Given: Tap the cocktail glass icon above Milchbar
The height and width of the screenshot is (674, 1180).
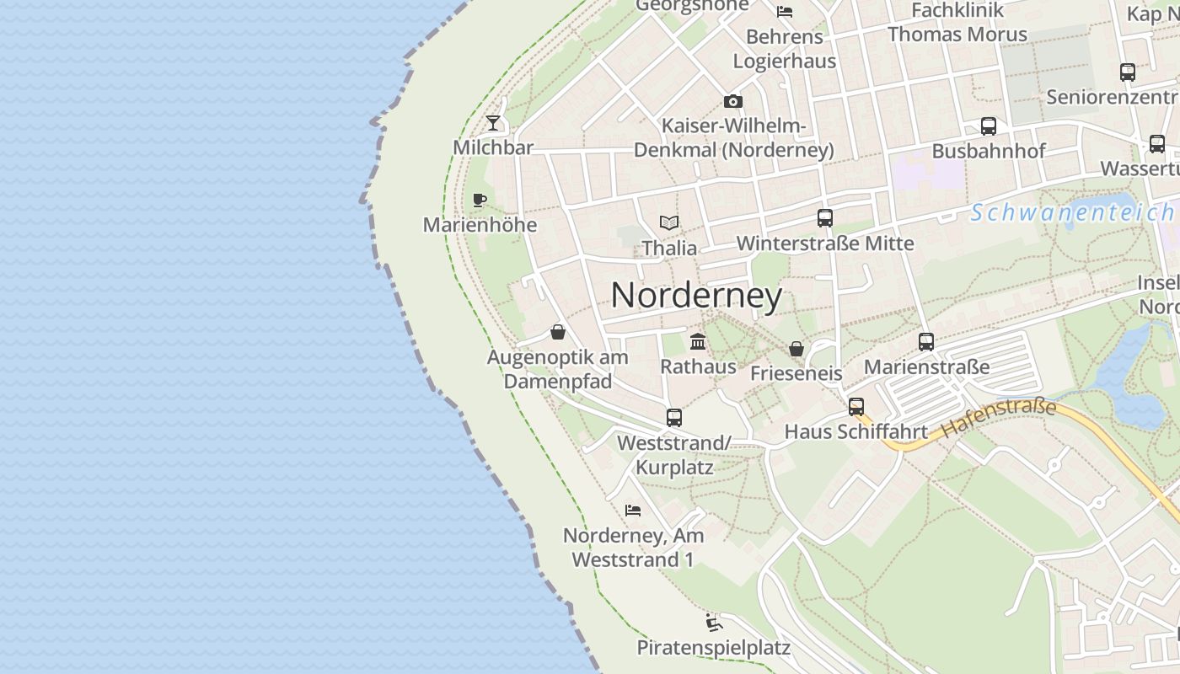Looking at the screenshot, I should coord(493,123).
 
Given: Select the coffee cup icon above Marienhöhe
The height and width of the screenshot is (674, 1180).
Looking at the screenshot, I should coord(480,201).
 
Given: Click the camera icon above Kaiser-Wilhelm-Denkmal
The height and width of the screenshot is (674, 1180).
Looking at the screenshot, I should coord(733,102).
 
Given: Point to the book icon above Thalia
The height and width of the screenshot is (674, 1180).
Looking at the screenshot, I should coord(669,223).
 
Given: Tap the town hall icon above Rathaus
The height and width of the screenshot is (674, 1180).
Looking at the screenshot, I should coord(698,342).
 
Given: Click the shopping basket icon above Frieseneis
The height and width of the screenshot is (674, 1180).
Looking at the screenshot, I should coord(796,349).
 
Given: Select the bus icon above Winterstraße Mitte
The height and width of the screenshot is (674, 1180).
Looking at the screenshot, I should coord(825,218).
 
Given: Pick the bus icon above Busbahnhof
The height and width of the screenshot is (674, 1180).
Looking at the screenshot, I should coord(989,126).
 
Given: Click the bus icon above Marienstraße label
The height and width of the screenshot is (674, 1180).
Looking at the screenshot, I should coord(926,342).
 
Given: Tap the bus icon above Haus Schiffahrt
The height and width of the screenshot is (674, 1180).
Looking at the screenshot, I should coord(856,407).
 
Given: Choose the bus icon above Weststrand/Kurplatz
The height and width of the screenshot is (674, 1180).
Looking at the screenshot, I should coord(674,418).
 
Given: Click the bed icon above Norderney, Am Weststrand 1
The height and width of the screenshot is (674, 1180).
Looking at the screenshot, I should coord(633,511).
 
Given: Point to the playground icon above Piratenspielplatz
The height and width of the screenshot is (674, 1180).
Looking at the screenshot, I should coord(714,623).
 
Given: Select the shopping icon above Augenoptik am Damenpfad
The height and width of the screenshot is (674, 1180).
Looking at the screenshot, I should coord(558,333).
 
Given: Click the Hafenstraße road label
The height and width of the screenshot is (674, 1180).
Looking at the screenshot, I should coord(998,418).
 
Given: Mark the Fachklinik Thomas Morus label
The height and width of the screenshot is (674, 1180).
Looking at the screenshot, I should coord(957,23).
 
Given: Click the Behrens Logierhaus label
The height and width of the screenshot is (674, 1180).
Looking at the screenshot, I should coord(785,49).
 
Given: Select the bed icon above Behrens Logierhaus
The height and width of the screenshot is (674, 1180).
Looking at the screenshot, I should coord(785,12).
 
